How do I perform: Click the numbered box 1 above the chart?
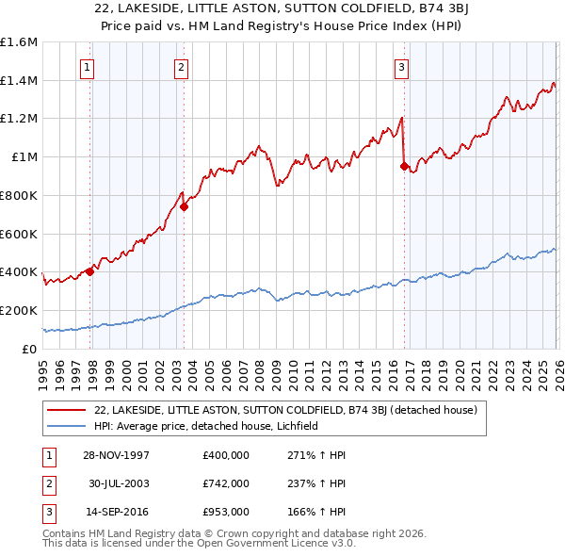87,67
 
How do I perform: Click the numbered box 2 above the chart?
180,67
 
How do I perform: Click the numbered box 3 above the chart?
401,67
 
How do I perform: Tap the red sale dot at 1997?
90,271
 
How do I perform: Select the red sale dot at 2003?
184,207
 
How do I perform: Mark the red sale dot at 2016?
404,167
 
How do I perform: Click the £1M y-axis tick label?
24,157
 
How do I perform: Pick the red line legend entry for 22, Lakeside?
287,410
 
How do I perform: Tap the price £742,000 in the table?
225,483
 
